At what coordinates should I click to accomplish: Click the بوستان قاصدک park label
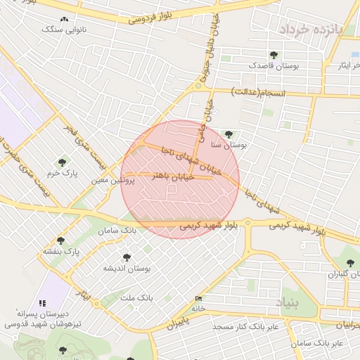click(274, 65)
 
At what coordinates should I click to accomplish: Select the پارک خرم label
click(63, 172)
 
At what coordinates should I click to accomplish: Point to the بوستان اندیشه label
click(127, 269)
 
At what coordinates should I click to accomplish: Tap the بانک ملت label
click(136, 298)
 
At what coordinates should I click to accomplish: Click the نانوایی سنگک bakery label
click(64, 30)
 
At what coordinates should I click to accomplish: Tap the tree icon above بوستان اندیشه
click(127, 258)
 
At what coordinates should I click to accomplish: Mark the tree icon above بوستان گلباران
click(350, 263)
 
